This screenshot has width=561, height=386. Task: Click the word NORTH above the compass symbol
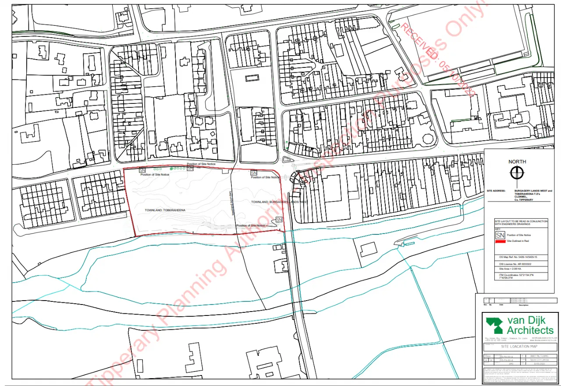(x=517, y=162)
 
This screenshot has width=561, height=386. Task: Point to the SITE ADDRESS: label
(x=496, y=191)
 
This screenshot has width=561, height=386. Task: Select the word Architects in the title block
(x=530, y=330)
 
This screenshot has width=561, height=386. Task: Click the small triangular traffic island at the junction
(x=287, y=160)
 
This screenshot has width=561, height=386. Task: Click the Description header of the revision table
(x=523, y=305)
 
